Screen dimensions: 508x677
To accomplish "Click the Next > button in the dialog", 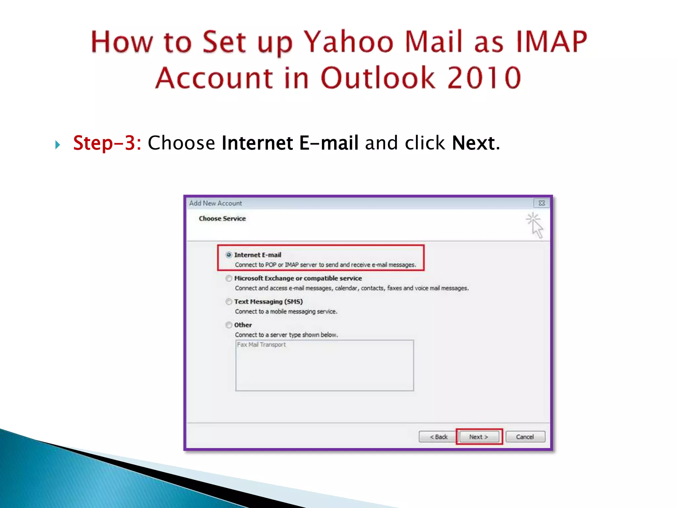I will point(479,437).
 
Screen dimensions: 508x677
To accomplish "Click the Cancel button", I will point(525,437).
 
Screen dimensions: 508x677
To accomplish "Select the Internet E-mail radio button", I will point(229,255).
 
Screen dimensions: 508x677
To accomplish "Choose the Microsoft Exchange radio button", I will point(229,278).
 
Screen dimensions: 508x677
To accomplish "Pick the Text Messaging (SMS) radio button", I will point(229,302).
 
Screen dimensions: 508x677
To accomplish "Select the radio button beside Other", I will point(229,325).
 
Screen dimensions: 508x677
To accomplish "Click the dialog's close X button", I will point(541,203).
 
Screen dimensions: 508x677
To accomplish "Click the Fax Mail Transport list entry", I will point(261,345).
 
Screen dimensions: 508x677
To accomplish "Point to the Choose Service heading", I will point(222,219).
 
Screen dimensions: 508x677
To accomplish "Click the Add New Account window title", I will point(216,203).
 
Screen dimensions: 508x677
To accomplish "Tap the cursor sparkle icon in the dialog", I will point(535,225).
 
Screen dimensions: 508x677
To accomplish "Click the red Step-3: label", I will point(107,143).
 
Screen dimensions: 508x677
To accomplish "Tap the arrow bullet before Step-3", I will point(58,145).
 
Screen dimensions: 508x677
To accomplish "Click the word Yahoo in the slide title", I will point(349,42).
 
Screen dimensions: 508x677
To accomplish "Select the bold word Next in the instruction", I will point(473,143).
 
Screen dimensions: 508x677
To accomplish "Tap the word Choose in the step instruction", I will point(181,143).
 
